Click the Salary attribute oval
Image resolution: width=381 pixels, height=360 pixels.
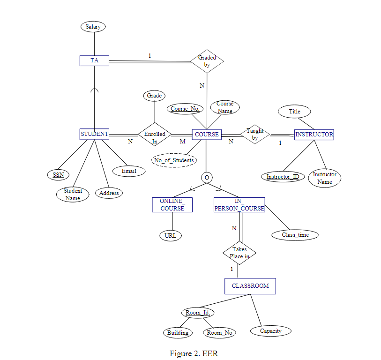pyautogui.click(x=93, y=27)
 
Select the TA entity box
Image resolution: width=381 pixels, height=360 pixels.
pyautogui.click(x=94, y=60)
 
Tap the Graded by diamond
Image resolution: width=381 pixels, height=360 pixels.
pyautogui.click(x=207, y=61)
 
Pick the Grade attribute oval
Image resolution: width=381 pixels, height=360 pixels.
pyautogui.click(x=154, y=96)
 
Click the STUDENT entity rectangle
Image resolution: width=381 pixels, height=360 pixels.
pyautogui.click(x=95, y=134)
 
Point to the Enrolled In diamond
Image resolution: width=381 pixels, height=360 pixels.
pyautogui.click(x=155, y=134)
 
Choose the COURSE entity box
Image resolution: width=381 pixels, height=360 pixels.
pyautogui.click(x=207, y=134)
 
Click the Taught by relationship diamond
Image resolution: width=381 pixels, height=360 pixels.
pyautogui.click(x=255, y=135)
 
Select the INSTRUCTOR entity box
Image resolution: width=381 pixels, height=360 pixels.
pyautogui.click(x=314, y=135)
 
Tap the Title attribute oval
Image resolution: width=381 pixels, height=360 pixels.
pyautogui.click(x=295, y=112)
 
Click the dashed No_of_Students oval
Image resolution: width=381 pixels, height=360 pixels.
pyautogui.click(x=174, y=160)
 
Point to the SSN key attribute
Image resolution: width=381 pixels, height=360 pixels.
pyautogui.click(x=58, y=175)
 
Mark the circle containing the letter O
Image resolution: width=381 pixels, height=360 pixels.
pyautogui.click(x=206, y=177)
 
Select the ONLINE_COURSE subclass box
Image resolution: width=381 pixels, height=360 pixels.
pyautogui.click(x=172, y=205)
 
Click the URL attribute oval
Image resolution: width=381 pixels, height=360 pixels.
pyautogui.click(x=171, y=235)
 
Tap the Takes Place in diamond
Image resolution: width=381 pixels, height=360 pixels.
pyautogui.click(x=239, y=253)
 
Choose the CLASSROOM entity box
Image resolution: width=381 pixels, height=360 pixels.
pyautogui.click(x=250, y=286)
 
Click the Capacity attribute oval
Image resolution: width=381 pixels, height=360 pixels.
pyautogui.click(x=271, y=331)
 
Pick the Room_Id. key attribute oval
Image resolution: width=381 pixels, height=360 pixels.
pyautogui.click(x=197, y=313)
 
